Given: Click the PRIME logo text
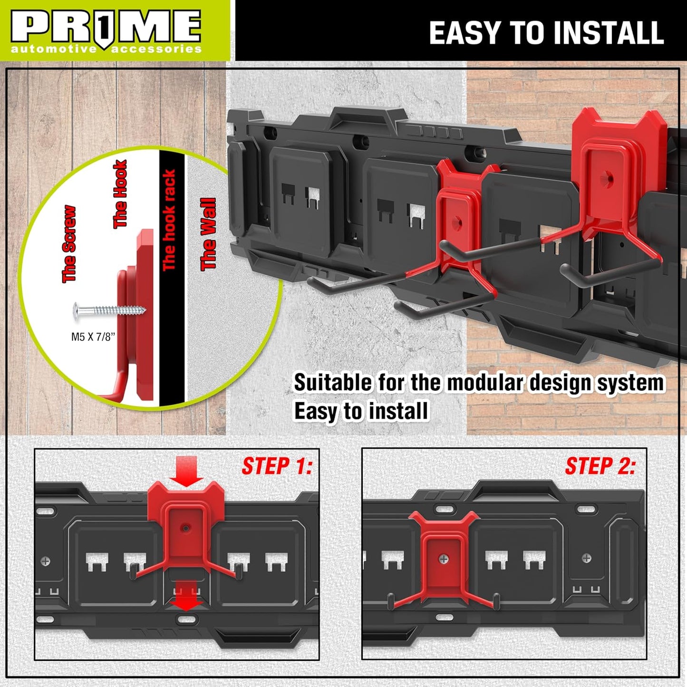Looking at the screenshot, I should click(x=106, y=27).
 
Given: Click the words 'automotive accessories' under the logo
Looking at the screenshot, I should click(x=106, y=49).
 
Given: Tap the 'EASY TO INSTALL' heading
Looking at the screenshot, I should click(x=546, y=33).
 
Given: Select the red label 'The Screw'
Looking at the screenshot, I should click(x=69, y=244).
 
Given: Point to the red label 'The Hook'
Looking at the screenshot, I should click(x=120, y=194).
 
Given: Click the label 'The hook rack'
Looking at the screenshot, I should click(x=169, y=220).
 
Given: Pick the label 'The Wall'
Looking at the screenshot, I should click(x=208, y=234).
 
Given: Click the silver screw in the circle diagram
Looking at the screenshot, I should click(x=109, y=310).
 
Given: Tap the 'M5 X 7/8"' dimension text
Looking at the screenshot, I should click(x=93, y=337).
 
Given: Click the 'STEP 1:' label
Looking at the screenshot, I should click(x=277, y=466).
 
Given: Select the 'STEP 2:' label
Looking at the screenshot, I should click(x=600, y=466).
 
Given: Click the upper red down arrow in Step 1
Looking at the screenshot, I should click(x=186, y=471).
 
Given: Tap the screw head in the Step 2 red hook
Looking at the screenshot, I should click(x=443, y=559).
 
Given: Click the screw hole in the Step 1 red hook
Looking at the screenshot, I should click(x=186, y=528).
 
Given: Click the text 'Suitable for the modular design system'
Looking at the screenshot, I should click(x=478, y=383).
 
